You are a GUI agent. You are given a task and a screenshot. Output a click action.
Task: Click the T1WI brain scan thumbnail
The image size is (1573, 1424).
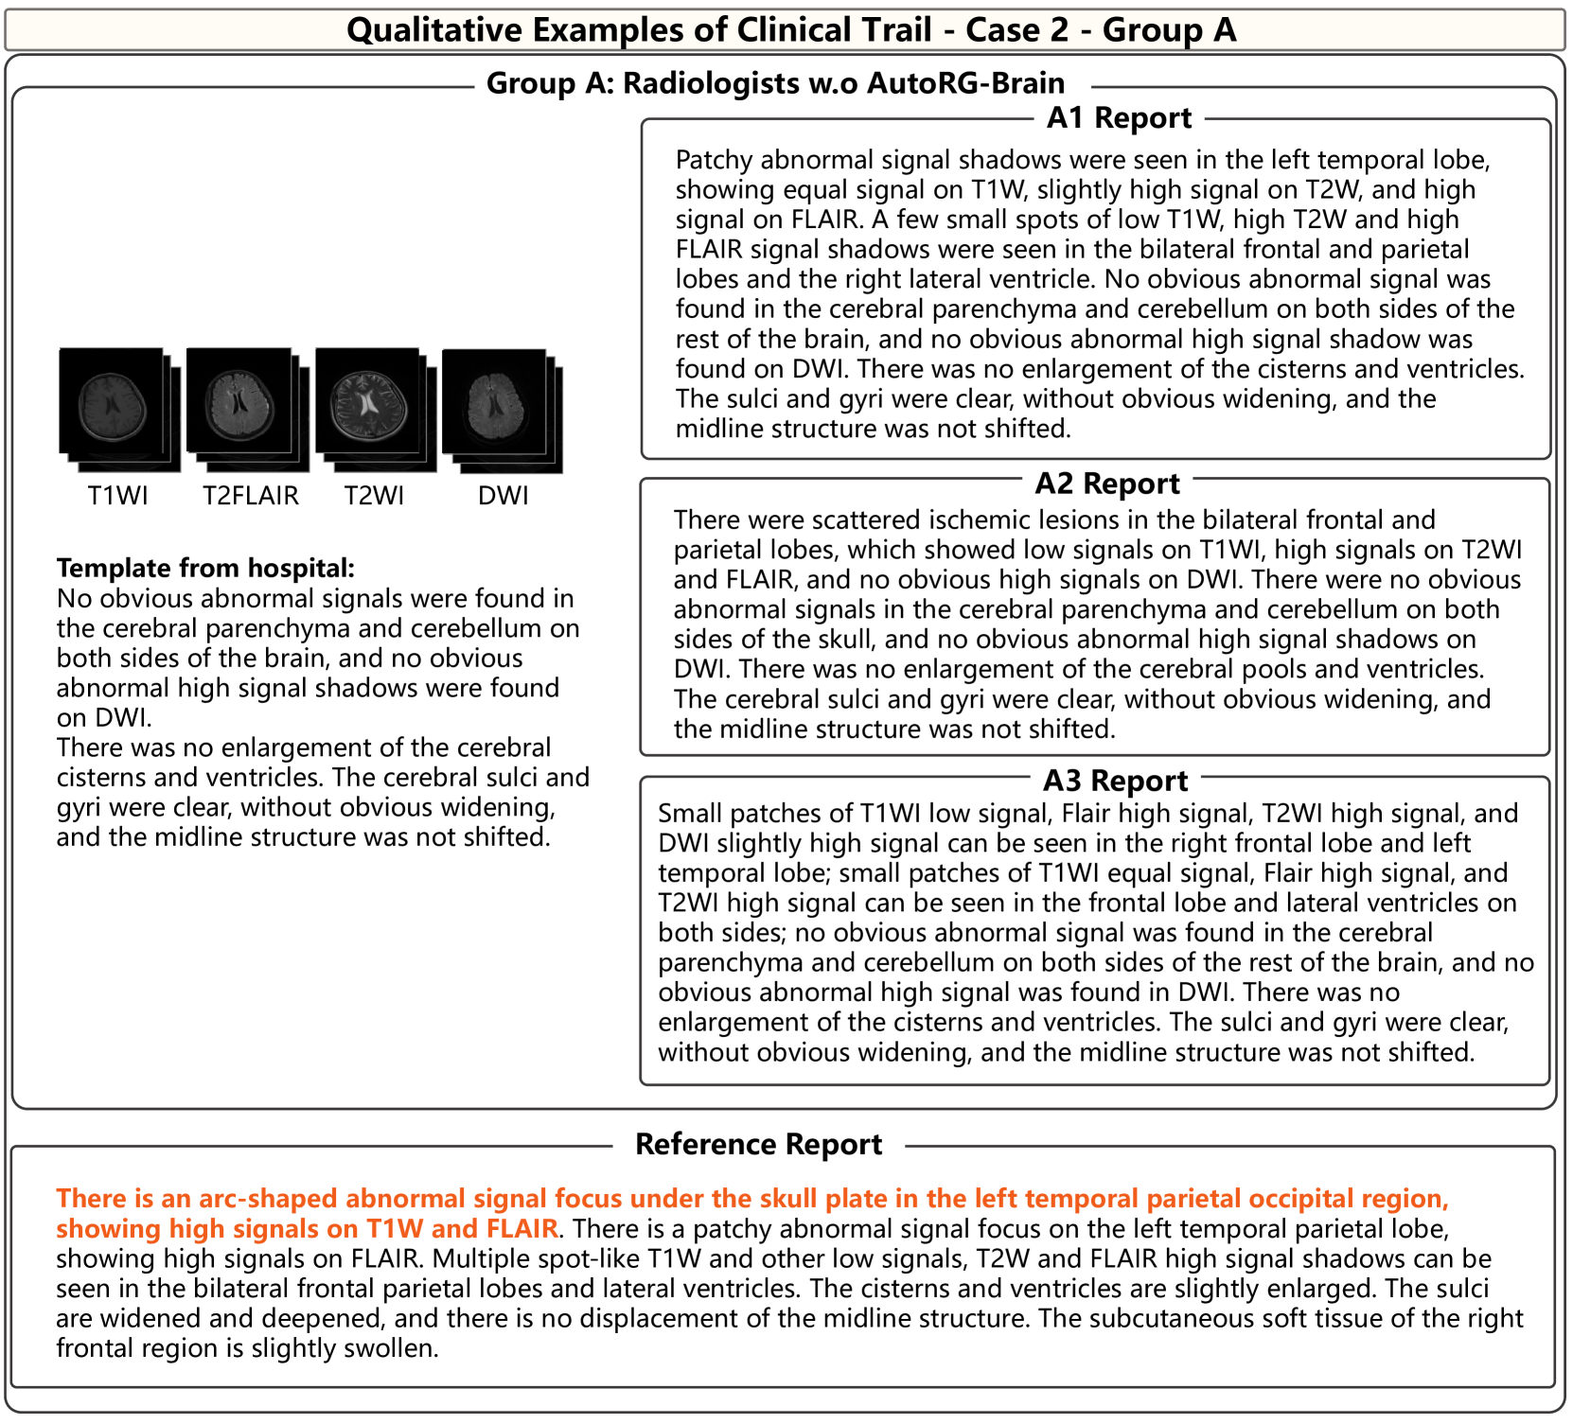[x=112, y=400]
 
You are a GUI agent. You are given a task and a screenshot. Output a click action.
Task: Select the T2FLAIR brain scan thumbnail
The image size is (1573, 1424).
[x=239, y=400]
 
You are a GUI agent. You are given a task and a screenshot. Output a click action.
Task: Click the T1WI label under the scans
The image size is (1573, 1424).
[x=118, y=496]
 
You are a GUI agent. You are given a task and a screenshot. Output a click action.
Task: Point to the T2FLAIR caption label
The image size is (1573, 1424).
[x=251, y=496]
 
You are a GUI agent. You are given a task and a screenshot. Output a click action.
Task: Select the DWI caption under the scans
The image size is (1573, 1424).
[x=504, y=496]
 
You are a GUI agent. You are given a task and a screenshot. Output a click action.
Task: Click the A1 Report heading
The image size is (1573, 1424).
[x=1119, y=118]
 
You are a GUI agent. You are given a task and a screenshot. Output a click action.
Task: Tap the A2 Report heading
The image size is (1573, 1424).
[x=1107, y=483]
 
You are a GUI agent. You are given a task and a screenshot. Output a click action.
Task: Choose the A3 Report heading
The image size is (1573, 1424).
[x=1115, y=781]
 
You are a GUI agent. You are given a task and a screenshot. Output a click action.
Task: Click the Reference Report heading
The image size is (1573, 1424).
[x=758, y=1145]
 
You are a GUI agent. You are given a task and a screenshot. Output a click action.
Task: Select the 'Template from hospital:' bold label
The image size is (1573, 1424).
[x=205, y=569]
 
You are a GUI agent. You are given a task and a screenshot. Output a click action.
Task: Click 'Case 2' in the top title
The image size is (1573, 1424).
[x=1016, y=30]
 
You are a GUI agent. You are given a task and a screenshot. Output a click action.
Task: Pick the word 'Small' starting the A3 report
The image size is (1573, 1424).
[x=689, y=814]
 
